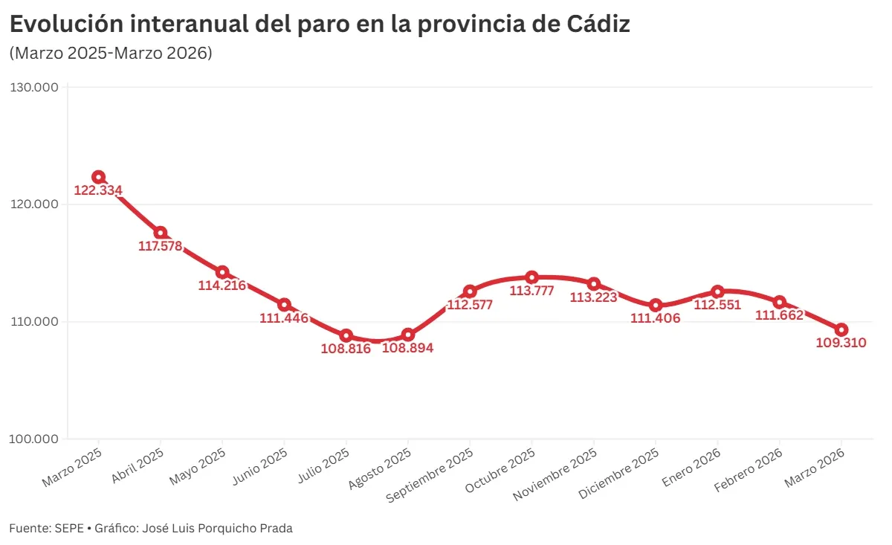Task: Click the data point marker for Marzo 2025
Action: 98,177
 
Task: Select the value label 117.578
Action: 161,246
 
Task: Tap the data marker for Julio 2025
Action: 346,336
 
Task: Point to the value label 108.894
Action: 407,348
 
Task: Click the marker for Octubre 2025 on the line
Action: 531,277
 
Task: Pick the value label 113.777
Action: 531,291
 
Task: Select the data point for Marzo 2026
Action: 841,330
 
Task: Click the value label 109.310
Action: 841,343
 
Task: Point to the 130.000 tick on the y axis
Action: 34,88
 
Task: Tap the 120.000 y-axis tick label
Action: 34,204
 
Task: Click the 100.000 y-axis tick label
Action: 34,439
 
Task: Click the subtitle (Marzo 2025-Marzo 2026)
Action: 111,54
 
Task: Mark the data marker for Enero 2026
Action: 717,291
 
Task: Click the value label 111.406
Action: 655,318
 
